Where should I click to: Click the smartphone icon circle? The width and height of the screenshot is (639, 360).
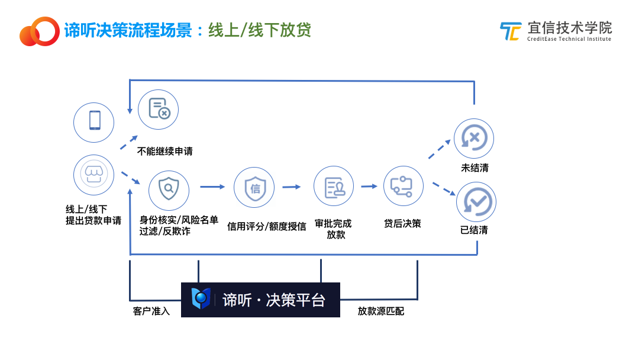[x=93, y=123]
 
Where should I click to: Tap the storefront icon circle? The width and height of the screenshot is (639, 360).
[x=93, y=175]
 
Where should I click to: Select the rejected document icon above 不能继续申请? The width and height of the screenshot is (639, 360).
[x=158, y=110]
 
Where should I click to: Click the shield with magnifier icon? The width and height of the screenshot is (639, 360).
[x=169, y=191]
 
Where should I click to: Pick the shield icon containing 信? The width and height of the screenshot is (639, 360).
[x=254, y=188]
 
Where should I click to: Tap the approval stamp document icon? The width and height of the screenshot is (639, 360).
[x=334, y=186]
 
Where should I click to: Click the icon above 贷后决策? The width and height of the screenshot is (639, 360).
[x=404, y=186]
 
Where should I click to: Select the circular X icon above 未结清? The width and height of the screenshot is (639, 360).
[x=474, y=139]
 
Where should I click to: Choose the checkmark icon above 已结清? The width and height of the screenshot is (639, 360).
[x=476, y=202]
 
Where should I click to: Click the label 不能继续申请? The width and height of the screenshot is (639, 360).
[x=164, y=151]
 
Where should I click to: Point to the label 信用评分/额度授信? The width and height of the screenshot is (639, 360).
[x=266, y=226]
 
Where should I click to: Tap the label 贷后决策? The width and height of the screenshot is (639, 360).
[x=403, y=223]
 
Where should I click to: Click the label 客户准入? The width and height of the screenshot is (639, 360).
[x=151, y=311]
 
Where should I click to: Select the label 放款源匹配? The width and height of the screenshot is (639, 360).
[x=381, y=311]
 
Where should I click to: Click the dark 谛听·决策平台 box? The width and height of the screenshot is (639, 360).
[x=260, y=300]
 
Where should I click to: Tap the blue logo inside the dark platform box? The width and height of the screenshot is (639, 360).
[x=201, y=298]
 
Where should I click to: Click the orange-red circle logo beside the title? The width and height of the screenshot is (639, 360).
[x=40, y=31]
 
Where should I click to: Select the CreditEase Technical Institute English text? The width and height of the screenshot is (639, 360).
[x=569, y=39]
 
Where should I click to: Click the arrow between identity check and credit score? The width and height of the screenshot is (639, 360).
[x=213, y=187]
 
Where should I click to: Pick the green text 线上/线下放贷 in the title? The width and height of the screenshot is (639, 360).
[x=260, y=30]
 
